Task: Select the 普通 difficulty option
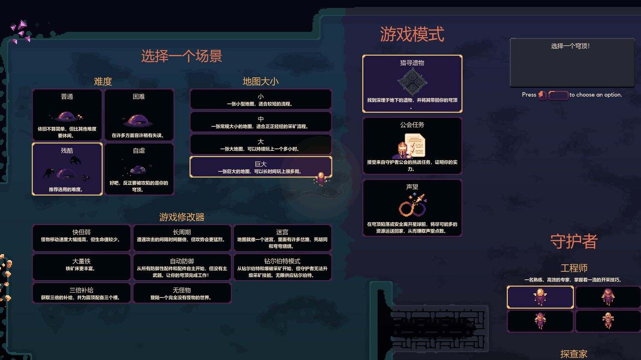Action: pyautogui.click(x=67, y=115)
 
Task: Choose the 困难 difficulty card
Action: pyautogui.click(x=139, y=115)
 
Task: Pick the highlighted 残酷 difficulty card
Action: pyautogui.click(x=67, y=169)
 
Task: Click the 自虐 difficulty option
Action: pyautogui.click(x=139, y=169)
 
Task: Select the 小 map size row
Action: pyautogui.click(x=261, y=100)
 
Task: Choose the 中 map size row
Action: pyautogui.click(x=261, y=122)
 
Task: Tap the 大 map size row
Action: pyautogui.click(x=261, y=145)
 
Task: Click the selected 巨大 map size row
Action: pyautogui.click(x=261, y=167)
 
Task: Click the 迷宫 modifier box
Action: pyautogui.click(x=282, y=238)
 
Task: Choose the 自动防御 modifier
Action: pyautogui.click(x=182, y=267)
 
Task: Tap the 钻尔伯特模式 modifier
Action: pyautogui.click(x=282, y=267)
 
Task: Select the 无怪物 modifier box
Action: pyautogui.click(x=182, y=293)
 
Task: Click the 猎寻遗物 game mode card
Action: pyautogui.click(x=412, y=84)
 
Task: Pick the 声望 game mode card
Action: pyautogui.click(x=412, y=208)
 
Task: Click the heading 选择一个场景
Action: pyautogui.click(x=182, y=56)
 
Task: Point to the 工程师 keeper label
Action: pyautogui.click(x=574, y=268)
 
